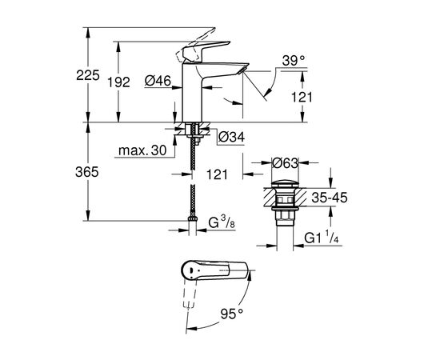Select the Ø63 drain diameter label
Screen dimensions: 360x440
click(284, 163)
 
